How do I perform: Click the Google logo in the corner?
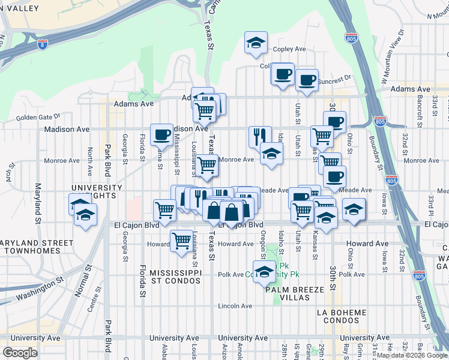(x=20, y=353)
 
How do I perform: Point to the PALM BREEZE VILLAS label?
(x=295, y=294)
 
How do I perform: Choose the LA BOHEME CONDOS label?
(x=342, y=317)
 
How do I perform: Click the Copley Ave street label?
(x=289, y=49)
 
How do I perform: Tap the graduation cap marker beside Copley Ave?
(x=256, y=43)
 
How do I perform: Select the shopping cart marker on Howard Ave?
(x=181, y=241)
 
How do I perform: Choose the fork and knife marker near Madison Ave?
(x=259, y=136)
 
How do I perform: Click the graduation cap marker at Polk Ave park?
(x=264, y=271)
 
